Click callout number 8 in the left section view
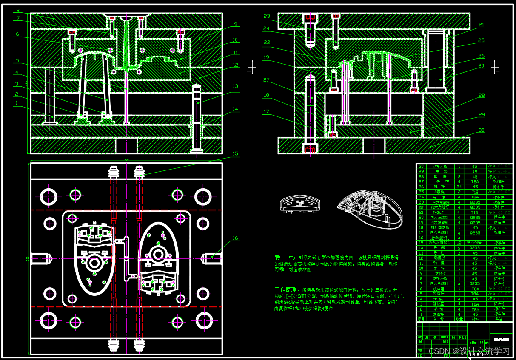pos(17,10)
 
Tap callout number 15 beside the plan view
pos(235,154)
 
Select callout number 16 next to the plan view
pos(235,238)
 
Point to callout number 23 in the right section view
pos(267,17)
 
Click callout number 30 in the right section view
pos(481,130)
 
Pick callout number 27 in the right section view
pos(267,80)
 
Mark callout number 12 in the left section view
pos(235,65)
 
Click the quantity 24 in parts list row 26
pos(459,187)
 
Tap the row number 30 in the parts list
pos(422,166)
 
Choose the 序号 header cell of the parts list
pos(422,319)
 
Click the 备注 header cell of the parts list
pos(499,319)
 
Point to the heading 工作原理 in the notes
pos(287,289)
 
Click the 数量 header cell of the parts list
pos(459,319)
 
